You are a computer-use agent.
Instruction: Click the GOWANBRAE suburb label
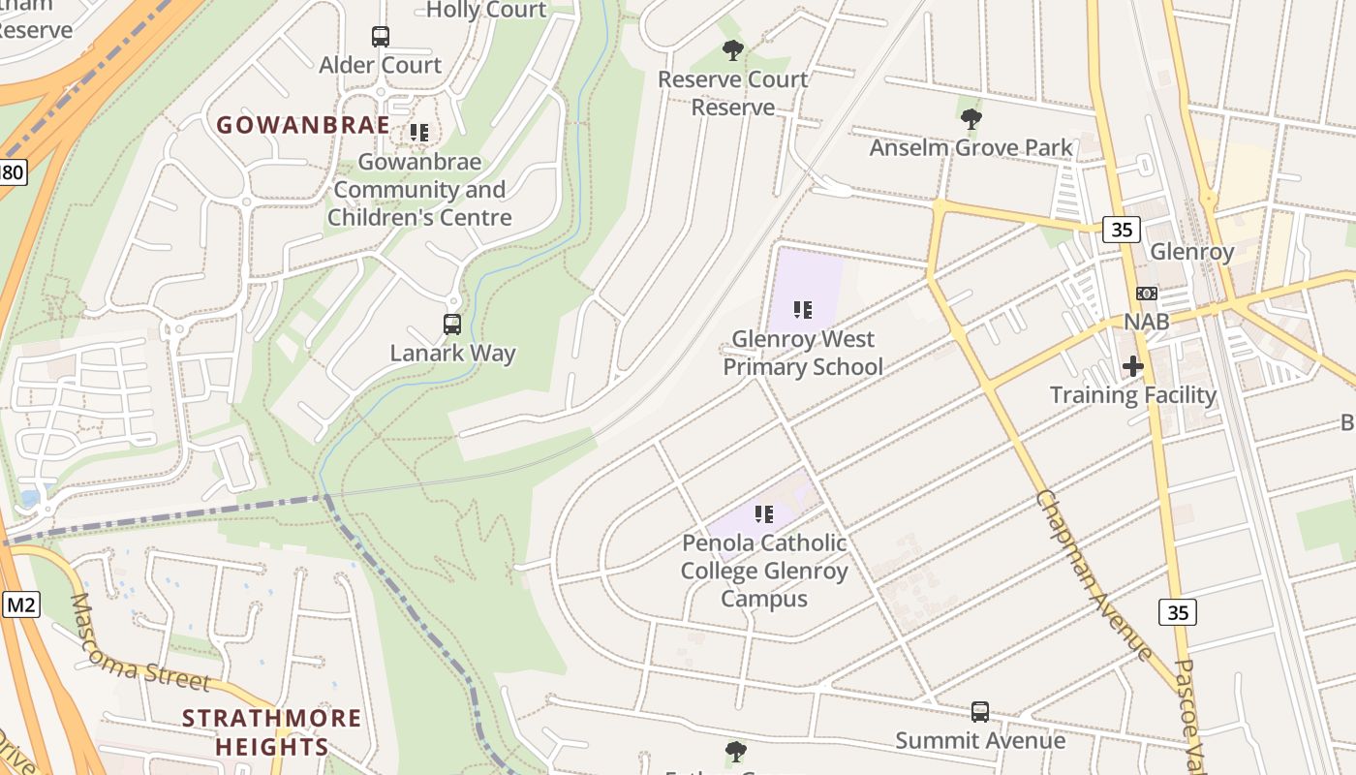point(302,125)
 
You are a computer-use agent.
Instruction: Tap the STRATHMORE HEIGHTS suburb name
point(272,732)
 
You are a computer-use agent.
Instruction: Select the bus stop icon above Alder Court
point(381,37)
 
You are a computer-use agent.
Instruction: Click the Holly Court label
point(486,11)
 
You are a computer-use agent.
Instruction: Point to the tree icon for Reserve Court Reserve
point(733,49)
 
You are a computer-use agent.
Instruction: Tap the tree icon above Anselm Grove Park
point(971,119)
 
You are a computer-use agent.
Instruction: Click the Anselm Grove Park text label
point(971,148)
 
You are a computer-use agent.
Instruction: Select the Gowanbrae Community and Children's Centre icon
point(418,132)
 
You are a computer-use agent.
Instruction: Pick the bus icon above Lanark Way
point(452,325)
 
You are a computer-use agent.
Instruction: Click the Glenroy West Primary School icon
point(802,310)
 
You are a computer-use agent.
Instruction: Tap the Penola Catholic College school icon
point(764,513)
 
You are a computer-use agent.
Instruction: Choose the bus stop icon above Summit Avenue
point(980,712)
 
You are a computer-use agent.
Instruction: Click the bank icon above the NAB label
point(1146,294)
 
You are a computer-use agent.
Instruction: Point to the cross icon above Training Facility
point(1132,366)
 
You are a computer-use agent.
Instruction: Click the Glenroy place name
point(1191,252)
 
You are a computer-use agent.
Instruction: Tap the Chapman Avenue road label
point(1094,575)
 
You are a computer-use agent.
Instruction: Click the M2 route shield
point(20,605)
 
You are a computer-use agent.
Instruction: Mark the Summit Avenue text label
point(980,741)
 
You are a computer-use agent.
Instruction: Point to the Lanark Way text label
point(452,354)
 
